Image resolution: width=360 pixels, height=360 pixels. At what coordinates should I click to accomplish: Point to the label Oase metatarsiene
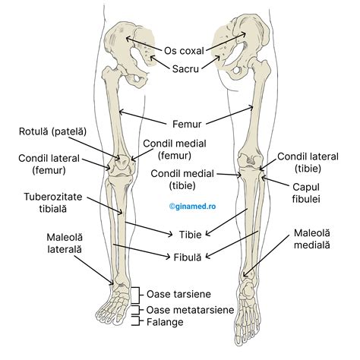coord(189,310)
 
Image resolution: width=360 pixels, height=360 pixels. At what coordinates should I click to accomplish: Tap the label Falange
coord(166,322)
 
